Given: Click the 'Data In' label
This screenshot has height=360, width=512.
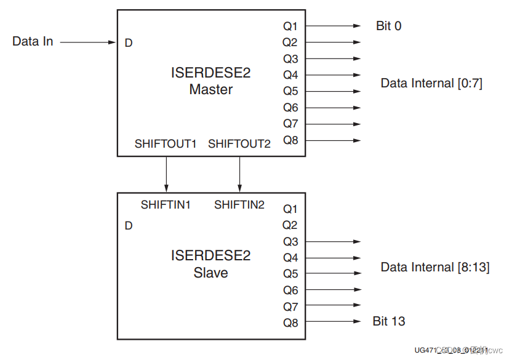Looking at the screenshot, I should (x=33, y=41).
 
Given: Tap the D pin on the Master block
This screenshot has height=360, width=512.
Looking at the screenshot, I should (x=129, y=43).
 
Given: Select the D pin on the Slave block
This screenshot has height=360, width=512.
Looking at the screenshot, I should (x=129, y=226).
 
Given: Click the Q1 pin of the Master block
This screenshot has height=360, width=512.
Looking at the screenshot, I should (x=290, y=26).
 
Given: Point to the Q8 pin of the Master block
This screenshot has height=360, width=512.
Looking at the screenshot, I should (x=290, y=140).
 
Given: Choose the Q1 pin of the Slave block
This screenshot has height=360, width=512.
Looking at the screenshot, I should (x=290, y=209).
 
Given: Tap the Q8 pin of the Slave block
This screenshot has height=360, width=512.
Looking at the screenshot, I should (x=290, y=322).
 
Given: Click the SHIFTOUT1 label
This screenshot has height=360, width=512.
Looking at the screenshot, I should (x=166, y=144).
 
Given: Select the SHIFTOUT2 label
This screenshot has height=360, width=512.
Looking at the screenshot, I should (x=239, y=144).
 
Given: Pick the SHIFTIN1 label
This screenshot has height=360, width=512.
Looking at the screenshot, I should (x=166, y=205).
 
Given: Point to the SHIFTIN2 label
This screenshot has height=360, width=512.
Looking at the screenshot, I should (x=239, y=205).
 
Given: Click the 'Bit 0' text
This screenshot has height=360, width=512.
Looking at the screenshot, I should (x=388, y=26).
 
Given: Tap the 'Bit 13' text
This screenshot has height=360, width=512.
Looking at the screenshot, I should (x=389, y=321).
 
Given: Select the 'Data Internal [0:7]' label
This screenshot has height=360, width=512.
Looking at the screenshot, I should (x=431, y=83).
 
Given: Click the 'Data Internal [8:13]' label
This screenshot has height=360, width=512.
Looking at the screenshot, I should (x=435, y=267).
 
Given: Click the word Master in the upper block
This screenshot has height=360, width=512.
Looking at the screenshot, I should (x=211, y=90).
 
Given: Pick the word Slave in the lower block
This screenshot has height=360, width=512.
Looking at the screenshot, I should (x=211, y=273).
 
